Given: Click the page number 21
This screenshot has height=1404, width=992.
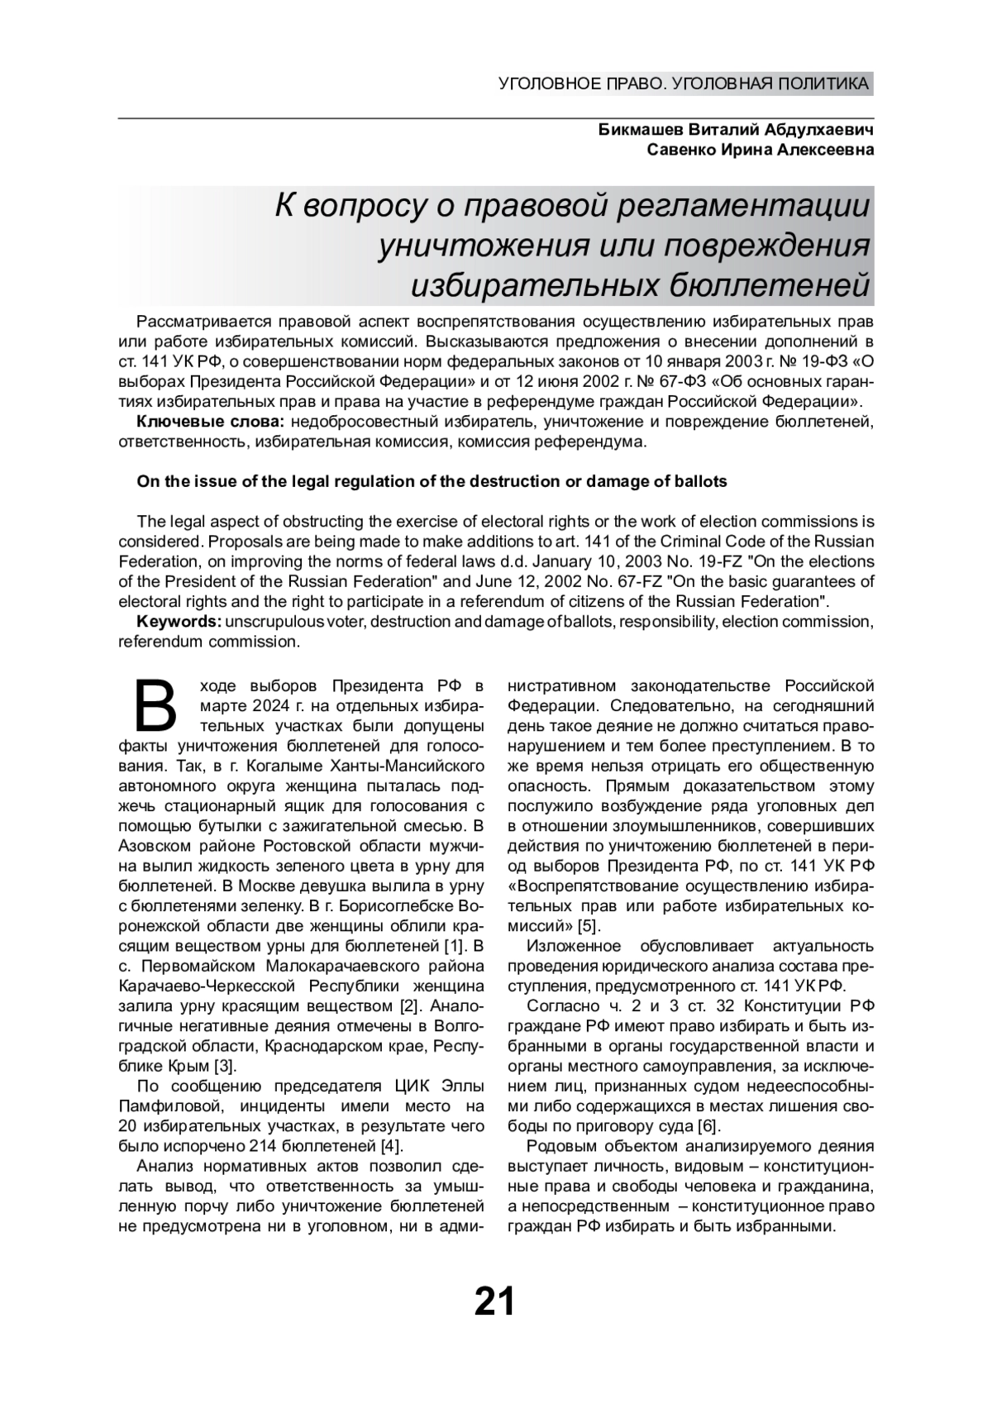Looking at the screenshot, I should click(x=494, y=1301).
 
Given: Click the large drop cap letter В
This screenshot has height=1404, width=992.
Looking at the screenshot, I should click(x=155, y=704).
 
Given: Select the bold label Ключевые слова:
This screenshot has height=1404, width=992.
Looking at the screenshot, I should click(x=211, y=423).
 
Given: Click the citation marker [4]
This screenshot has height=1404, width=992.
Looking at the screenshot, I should click(x=391, y=1146).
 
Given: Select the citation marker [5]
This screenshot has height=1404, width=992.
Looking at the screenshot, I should click(x=589, y=924).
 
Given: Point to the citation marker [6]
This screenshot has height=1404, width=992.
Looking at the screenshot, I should click(x=708, y=1125).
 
